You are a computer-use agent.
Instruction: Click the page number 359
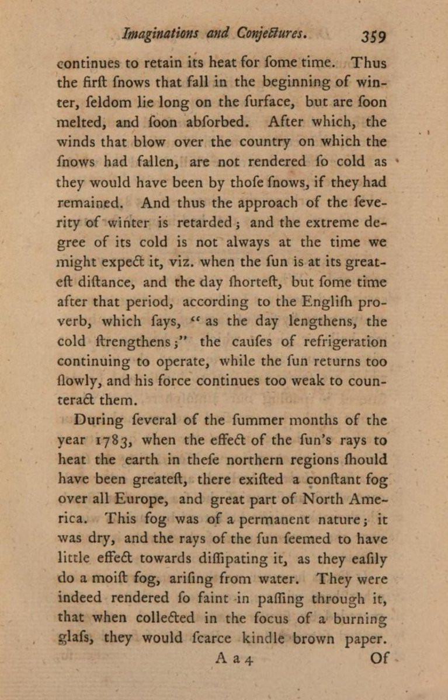pos(373,36)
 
